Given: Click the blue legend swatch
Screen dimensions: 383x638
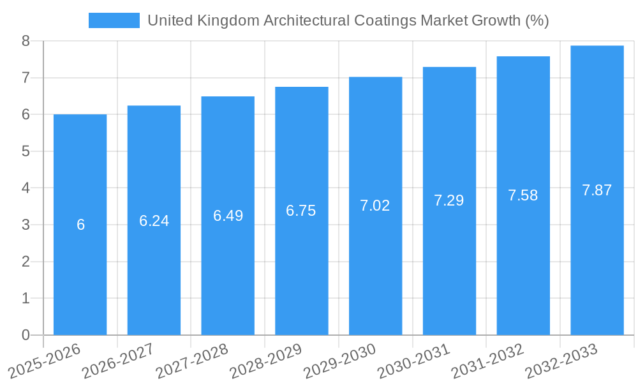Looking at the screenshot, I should point(114,20).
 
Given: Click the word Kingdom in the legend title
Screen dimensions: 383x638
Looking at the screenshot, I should point(232,20).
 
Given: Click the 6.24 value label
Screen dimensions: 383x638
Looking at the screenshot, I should point(154,221).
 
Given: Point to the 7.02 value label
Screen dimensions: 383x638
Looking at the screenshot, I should point(375,206).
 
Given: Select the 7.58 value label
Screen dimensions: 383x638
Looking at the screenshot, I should point(523,195).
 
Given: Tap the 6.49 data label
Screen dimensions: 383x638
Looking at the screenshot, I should point(228,216).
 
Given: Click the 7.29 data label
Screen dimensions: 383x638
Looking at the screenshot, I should point(449,200).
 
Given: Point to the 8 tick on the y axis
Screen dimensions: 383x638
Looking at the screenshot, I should point(26,41).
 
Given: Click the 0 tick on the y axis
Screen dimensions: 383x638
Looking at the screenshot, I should point(26,335).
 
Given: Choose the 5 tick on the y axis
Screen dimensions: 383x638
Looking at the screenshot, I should point(26,151).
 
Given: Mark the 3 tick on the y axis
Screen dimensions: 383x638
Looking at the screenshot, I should point(26,225).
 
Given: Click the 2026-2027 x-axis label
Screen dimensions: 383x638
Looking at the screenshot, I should point(118,361).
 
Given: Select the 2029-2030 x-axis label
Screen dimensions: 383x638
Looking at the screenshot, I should point(339,361).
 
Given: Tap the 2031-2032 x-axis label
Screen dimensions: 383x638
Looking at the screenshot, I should point(487,361).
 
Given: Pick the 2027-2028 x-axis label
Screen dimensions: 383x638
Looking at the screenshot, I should point(192,361).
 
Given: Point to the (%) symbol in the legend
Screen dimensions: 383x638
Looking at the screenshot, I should point(537,20).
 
